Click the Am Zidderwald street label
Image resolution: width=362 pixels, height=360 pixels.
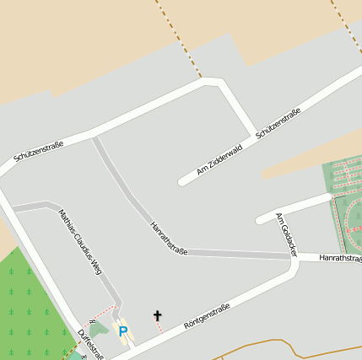[x=219, y=159]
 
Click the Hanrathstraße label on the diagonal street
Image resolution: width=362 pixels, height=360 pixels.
[x=167, y=238]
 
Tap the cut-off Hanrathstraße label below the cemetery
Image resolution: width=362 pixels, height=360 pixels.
[x=341, y=258]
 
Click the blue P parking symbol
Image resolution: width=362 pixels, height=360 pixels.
[x=122, y=332]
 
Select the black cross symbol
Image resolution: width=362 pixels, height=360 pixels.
[x=157, y=315]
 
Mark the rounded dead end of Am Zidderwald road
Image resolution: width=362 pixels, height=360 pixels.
[x=181, y=181]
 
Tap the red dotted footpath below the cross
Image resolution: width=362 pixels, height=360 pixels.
[x=159, y=327]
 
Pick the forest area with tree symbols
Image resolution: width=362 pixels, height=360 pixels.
[x=30, y=304]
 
